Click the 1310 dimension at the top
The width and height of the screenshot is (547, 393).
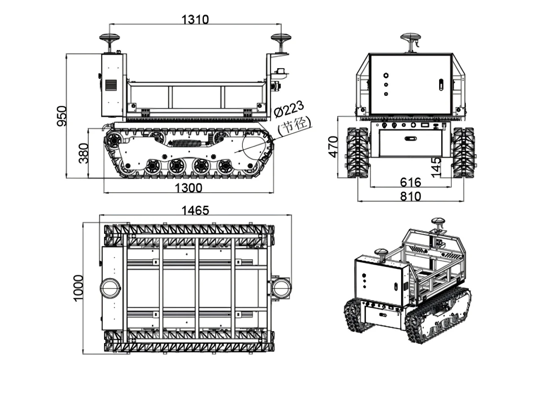click(x=195, y=19)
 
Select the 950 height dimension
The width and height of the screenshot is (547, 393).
click(x=62, y=116)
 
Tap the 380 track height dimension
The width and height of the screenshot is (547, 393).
click(x=83, y=153)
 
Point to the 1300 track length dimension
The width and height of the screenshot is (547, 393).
click(x=188, y=188)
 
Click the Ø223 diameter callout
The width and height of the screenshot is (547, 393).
click(x=289, y=110)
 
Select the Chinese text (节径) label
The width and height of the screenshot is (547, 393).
click(x=294, y=125)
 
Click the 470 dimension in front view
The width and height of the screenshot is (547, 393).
click(x=333, y=147)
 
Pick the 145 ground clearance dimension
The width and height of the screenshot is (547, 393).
click(x=437, y=167)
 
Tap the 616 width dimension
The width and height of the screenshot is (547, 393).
click(x=410, y=182)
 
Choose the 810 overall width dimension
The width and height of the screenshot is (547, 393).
click(x=410, y=196)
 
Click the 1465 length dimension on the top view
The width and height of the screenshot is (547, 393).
click(x=195, y=210)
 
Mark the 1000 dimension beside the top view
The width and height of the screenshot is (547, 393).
click(x=78, y=288)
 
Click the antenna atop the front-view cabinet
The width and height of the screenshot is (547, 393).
click(x=410, y=39)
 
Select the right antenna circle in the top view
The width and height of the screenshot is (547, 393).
click(x=280, y=288)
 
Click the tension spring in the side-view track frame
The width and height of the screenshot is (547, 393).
click(x=188, y=143)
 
